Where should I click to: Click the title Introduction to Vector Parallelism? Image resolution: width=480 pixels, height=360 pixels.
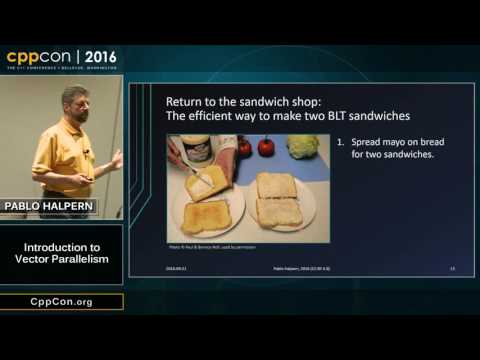(61, 254)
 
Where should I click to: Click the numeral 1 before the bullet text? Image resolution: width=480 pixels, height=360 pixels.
(343, 142)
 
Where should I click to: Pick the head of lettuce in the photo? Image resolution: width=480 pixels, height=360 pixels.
(301, 146)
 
